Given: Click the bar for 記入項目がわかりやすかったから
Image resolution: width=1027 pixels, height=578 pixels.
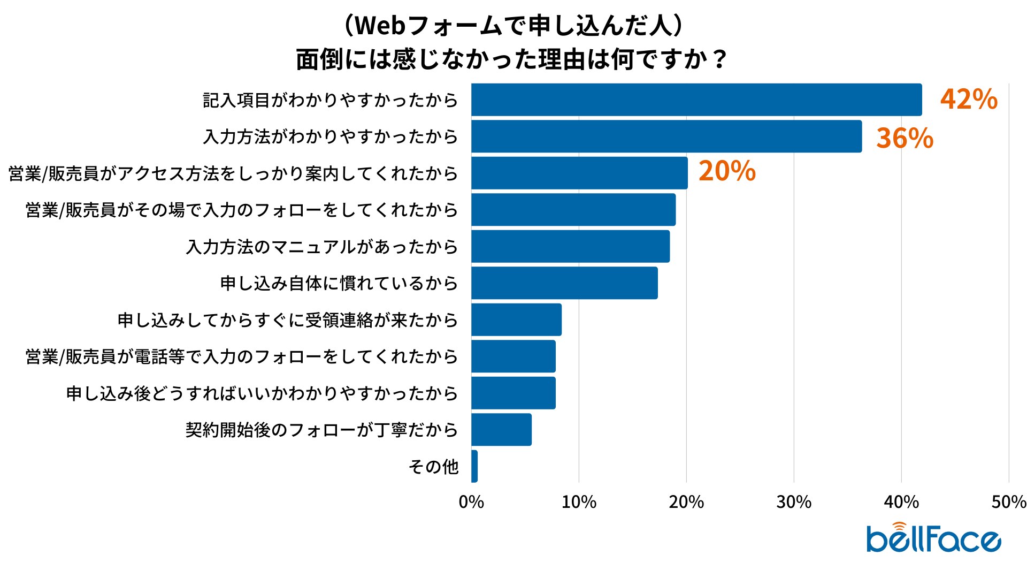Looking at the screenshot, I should point(696,100).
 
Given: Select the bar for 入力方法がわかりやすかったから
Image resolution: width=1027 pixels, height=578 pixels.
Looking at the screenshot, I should point(666,136).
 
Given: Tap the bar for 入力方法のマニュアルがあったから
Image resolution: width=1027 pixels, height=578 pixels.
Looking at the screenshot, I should point(570,246).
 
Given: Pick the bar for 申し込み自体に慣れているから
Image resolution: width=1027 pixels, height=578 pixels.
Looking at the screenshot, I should point(564,283).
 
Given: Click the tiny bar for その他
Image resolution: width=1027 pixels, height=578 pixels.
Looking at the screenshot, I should point(474,466).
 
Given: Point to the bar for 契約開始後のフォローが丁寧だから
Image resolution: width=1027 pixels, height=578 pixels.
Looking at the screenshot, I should point(501,429).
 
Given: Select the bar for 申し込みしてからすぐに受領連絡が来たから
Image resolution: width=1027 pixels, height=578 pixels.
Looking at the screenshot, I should point(516,320).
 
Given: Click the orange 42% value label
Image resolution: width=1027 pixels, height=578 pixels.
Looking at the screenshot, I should point(969,100).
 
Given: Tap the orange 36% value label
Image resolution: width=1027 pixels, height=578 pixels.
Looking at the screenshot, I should point(905,138).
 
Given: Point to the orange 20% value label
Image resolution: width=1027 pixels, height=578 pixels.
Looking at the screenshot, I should point(727,171).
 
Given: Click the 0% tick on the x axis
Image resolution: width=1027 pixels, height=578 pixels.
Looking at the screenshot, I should point(471,502).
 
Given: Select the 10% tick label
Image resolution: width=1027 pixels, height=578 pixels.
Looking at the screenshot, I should point(579,502).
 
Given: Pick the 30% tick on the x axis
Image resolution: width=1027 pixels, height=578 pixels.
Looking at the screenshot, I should point(794,502).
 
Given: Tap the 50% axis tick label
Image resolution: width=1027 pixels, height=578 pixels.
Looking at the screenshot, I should point(1009,502).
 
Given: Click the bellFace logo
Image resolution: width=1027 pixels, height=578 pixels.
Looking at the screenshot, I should point(933,538).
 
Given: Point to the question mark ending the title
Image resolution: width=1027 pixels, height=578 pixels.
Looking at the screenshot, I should point(720,59).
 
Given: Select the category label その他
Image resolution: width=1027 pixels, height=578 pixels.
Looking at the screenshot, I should point(433,467).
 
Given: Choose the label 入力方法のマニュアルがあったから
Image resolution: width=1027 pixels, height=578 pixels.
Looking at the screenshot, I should point(322,247).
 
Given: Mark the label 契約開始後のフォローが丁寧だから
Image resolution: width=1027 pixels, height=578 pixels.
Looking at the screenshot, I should point(322,430).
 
